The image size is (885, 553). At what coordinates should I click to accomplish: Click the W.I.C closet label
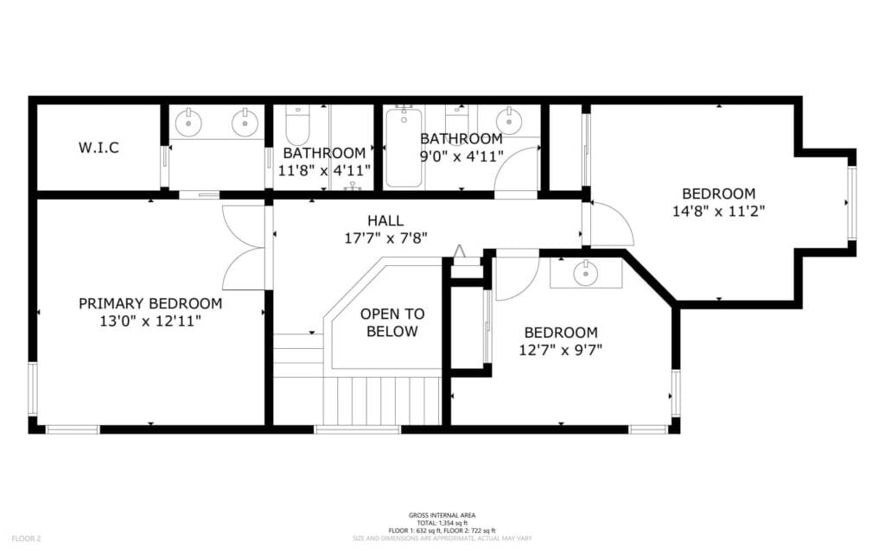tap(99, 148)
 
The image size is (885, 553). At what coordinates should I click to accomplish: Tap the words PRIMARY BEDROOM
tap(150, 303)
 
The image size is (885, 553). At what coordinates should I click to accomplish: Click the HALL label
tap(385, 220)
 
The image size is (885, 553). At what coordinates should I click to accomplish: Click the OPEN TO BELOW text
tap(392, 322)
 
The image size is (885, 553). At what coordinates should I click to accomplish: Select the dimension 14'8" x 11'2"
tap(717, 210)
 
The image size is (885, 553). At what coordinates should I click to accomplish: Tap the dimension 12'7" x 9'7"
tap(560, 350)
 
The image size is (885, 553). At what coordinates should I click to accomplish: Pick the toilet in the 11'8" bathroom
tap(296, 126)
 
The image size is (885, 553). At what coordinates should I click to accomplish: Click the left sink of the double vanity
tap(189, 123)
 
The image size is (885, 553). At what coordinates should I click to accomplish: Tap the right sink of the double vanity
tap(245, 123)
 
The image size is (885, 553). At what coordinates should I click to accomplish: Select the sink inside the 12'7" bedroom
tap(585, 274)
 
